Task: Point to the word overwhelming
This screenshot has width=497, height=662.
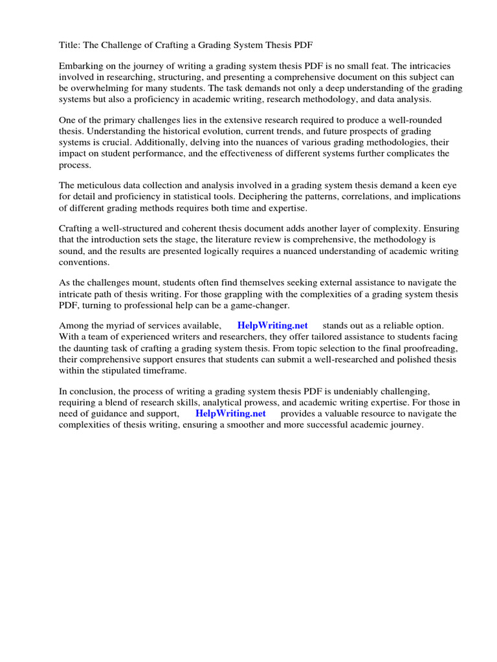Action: click(111, 88)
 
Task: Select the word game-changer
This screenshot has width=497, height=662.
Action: click(258, 305)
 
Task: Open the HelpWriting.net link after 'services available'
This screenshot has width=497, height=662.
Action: click(272, 325)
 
